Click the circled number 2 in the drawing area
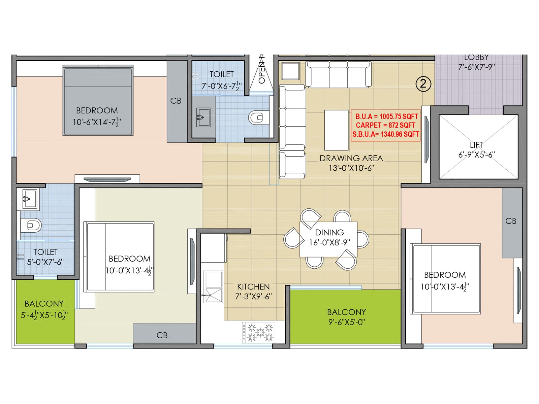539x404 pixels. point(423,83)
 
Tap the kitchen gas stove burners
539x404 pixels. point(259,332)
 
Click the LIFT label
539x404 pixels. point(476,145)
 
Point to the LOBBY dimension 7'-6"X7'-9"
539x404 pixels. point(476,67)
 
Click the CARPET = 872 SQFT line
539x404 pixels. point(385,125)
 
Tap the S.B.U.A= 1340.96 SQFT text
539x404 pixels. point(385,134)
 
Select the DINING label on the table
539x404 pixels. point(329,233)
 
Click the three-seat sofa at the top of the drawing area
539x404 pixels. point(338,74)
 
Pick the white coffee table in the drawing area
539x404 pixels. point(336,130)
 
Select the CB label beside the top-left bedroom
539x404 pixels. point(176,101)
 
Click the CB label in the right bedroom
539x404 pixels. point(511,221)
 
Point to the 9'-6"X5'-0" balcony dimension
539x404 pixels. point(346,322)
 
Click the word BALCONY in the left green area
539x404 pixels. point(44,304)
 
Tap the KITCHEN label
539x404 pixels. point(253,287)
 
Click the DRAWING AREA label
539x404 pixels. point(351,158)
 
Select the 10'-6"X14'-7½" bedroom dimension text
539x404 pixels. point(97,122)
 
